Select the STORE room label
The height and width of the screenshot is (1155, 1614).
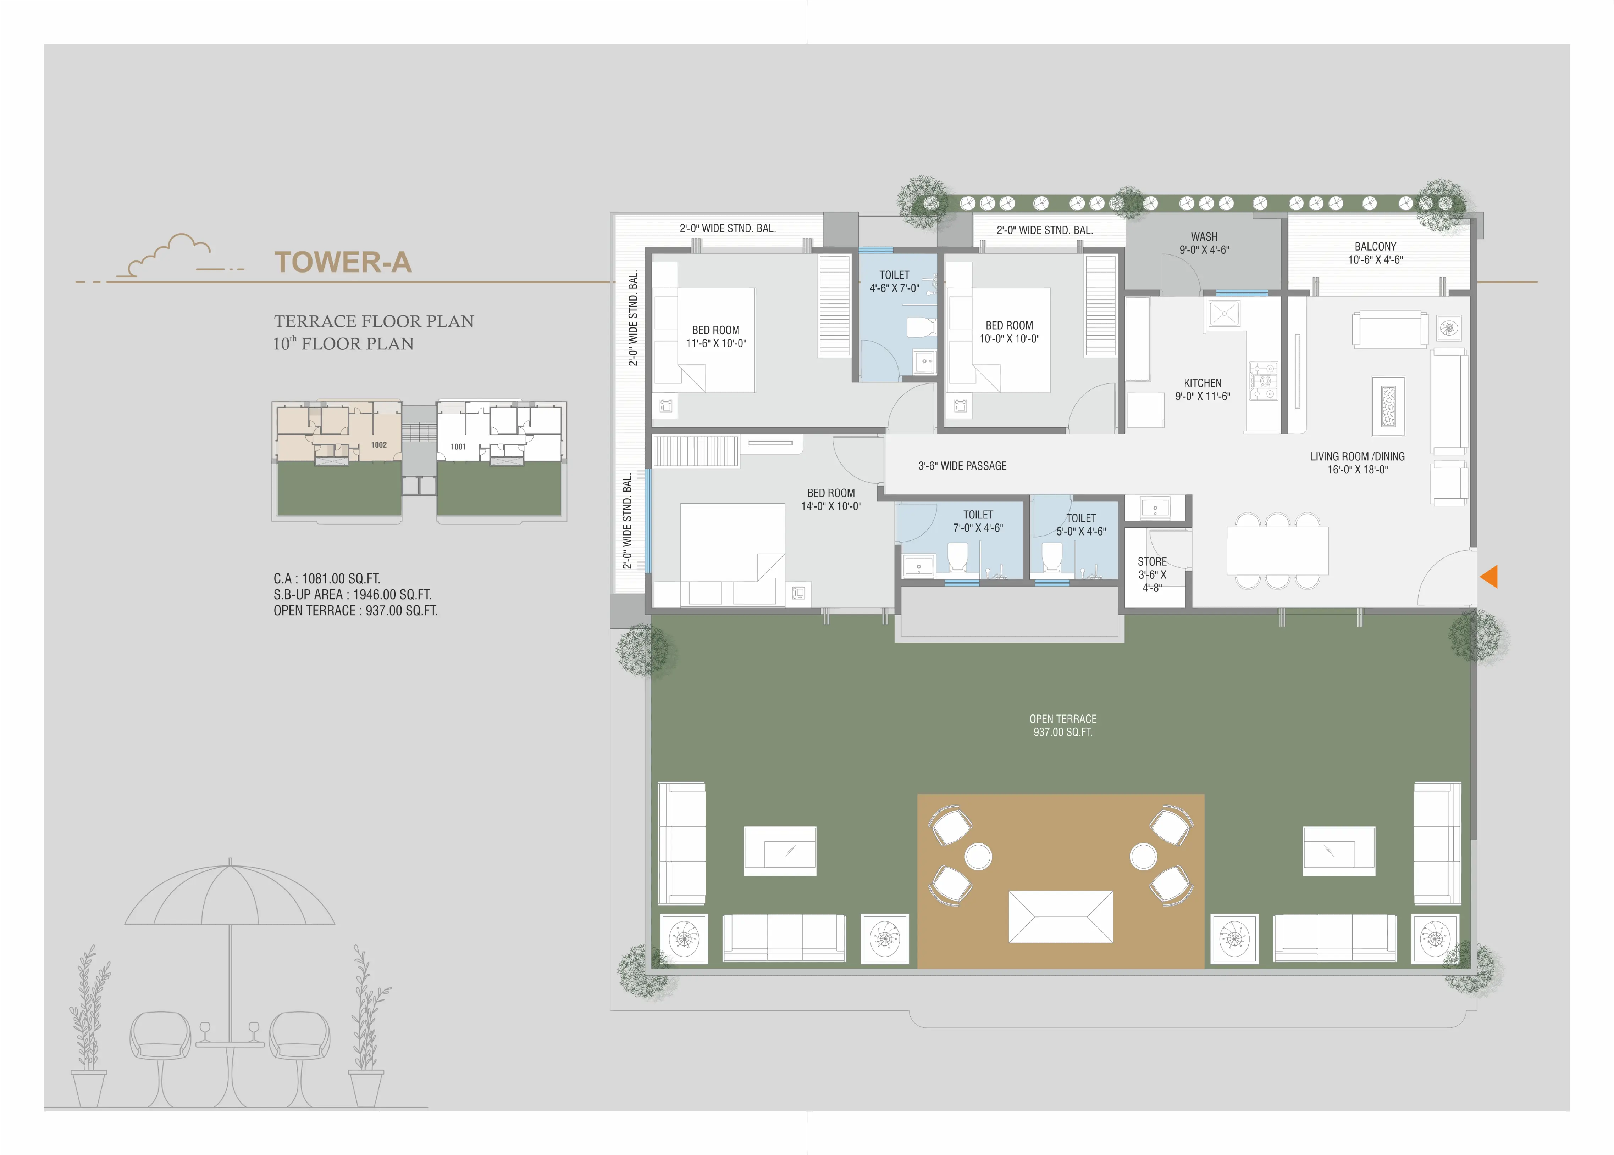1152,562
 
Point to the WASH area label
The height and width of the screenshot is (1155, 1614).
1204,237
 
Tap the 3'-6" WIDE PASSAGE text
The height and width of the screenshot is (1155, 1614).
962,466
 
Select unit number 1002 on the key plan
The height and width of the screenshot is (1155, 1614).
378,445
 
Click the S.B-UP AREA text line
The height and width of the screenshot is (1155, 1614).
352,595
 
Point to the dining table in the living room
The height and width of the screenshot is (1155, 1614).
1277,551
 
